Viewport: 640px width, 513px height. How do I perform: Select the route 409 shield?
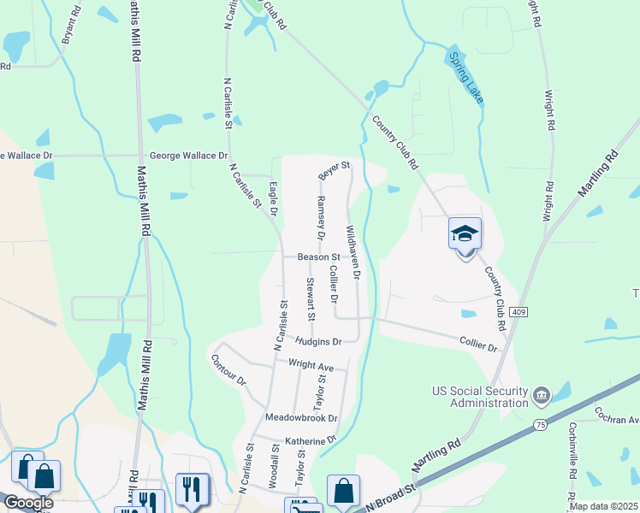(518, 312)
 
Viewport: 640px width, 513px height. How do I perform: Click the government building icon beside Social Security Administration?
(541, 396)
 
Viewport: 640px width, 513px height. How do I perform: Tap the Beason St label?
(318, 256)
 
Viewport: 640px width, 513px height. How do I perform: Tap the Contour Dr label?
(228, 368)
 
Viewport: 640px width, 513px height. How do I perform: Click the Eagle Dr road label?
(274, 198)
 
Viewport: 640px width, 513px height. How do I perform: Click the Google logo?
(27, 504)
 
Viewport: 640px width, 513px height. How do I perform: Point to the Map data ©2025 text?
(604, 506)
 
